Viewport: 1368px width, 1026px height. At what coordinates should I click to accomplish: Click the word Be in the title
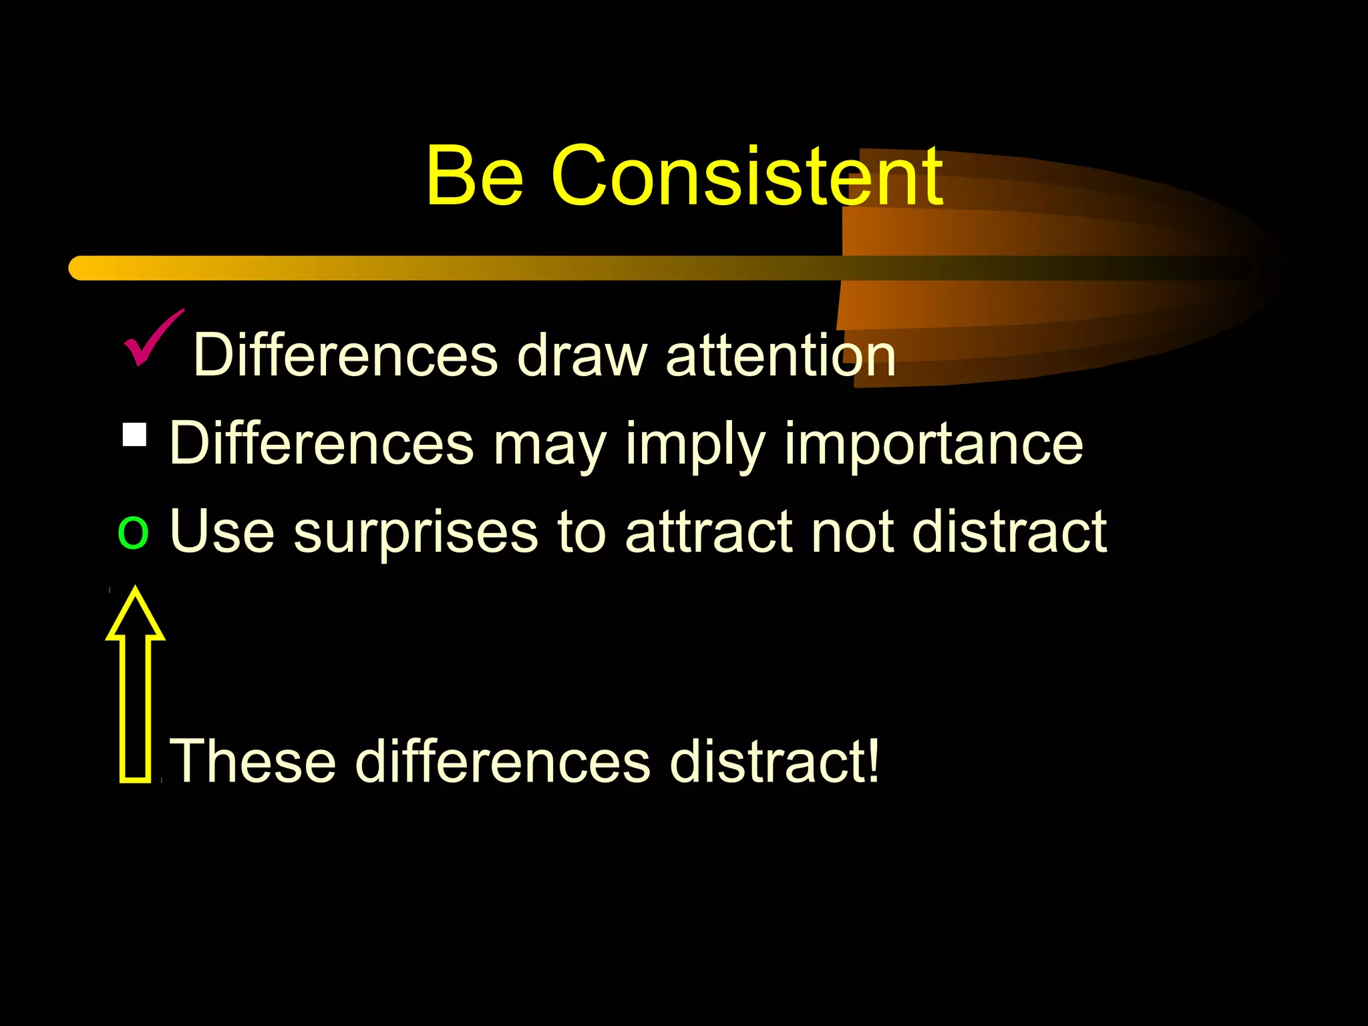[x=474, y=175]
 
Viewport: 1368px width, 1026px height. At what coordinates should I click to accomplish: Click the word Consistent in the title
[x=747, y=175]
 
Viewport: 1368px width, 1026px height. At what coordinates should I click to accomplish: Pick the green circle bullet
[x=133, y=532]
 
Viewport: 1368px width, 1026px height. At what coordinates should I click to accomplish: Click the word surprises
[x=415, y=533]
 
